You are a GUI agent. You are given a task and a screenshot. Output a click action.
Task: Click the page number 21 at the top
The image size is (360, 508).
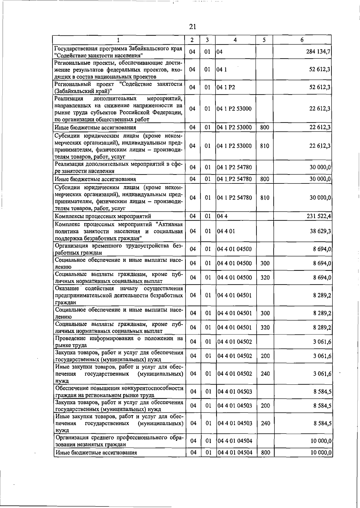coord(193,27)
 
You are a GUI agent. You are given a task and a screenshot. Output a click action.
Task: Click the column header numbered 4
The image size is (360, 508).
coord(235,40)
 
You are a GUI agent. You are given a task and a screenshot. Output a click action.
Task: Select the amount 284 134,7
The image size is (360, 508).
coord(318,52)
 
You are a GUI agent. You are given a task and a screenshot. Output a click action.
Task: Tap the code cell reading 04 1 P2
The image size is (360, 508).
coord(226,87)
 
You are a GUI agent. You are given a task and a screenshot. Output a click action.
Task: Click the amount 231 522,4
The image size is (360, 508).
coord(319,216)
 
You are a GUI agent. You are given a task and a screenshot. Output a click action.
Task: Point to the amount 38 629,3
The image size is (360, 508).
coord(320,231)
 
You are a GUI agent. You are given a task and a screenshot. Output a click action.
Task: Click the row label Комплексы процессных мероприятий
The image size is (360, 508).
coord(103,216)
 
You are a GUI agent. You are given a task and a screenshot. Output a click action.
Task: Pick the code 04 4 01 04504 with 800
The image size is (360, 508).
coord(235,452)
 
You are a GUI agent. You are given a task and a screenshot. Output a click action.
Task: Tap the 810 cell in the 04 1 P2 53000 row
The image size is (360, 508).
coord(265,146)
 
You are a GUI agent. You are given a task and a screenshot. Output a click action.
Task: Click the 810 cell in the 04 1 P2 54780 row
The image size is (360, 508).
coord(265,198)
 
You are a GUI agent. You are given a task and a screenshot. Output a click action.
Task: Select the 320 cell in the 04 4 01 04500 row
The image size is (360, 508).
coord(265,278)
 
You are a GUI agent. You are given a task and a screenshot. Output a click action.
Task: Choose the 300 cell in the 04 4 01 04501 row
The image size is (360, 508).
coord(265,313)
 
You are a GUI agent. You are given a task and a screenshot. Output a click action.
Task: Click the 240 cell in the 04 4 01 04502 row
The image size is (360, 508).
coord(265,374)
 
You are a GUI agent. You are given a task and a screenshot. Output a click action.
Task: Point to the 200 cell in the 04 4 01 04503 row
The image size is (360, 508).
coord(265,406)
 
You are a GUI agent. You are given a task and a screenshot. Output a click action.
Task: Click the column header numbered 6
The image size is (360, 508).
coord(302,40)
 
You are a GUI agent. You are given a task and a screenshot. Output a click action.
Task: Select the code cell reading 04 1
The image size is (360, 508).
coord(222,70)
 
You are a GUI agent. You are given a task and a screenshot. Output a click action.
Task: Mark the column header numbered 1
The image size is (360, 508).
coord(118,40)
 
